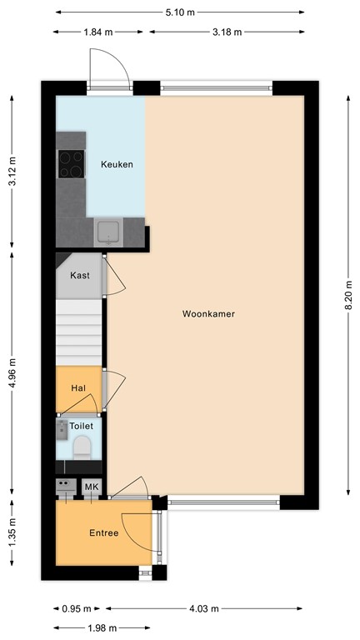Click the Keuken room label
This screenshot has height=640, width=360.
click(x=117, y=164)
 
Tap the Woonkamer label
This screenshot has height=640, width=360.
click(x=207, y=314)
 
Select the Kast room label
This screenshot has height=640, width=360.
click(x=80, y=275)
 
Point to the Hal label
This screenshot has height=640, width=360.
click(x=78, y=387)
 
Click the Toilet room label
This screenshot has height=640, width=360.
click(x=82, y=425)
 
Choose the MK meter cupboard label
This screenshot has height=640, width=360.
click(x=91, y=487)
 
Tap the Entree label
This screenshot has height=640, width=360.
click(x=103, y=533)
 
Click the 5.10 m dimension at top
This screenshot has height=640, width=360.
click(x=179, y=12)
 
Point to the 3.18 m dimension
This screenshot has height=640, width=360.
click(x=226, y=32)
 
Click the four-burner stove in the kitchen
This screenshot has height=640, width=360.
click(x=71, y=163)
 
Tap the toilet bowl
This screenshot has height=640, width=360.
click(x=82, y=451)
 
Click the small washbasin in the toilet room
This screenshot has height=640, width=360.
click(x=62, y=430)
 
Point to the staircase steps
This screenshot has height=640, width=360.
click(x=78, y=334)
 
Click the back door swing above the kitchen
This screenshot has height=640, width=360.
click(x=108, y=65)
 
